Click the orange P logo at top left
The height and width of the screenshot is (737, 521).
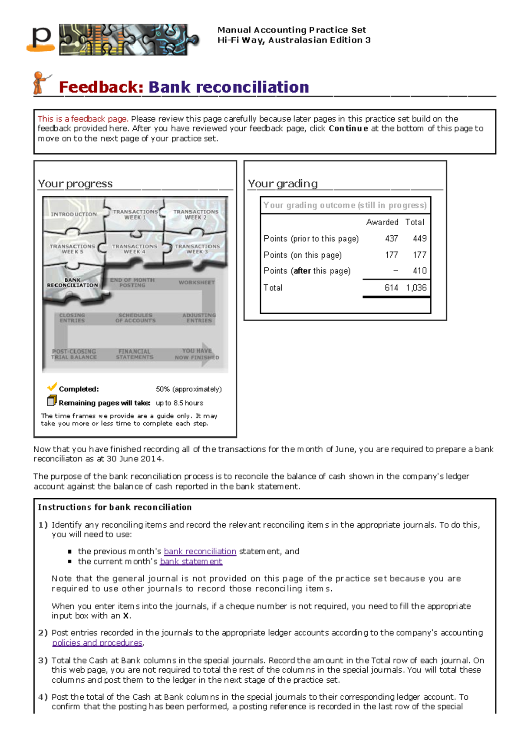pyautogui.click(x=41, y=39)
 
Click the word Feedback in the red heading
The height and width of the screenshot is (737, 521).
pyautogui.click(x=101, y=87)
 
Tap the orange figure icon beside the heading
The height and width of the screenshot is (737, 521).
pyautogui.click(x=40, y=83)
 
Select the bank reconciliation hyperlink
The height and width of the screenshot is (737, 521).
pyautogui.click(x=200, y=551)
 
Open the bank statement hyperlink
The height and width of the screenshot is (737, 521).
pyautogui.click(x=191, y=561)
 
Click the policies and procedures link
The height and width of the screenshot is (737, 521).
pyautogui.click(x=97, y=642)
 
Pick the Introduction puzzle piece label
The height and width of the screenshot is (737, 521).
pyautogui.click(x=73, y=214)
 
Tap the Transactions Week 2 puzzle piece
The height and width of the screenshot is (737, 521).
pyautogui.click(x=196, y=214)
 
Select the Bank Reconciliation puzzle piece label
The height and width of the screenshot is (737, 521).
pyautogui.click(x=73, y=283)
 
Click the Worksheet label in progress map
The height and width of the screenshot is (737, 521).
pyautogui.click(x=196, y=283)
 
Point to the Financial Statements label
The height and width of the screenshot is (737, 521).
pyautogui.click(x=135, y=354)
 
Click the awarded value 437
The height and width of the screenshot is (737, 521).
pyautogui.click(x=391, y=238)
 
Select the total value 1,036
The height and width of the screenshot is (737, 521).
pyautogui.click(x=416, y=287)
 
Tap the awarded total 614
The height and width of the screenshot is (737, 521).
pyautogui.click(x=391, y=287)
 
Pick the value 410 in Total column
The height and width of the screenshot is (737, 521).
pyautogui.click(x=419, y=271)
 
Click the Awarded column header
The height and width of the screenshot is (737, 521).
pyautogui.click(x=382, y=222)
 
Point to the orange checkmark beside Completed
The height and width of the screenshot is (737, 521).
pyautogui.click(x=52, y=386)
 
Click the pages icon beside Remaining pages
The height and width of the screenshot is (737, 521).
pyautogui.click(x=52, y=400)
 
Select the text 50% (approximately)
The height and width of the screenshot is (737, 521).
pyautogui.click(x=188, y=389)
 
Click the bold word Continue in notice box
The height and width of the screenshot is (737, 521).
pyautogui.click(x=348, y=128)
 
